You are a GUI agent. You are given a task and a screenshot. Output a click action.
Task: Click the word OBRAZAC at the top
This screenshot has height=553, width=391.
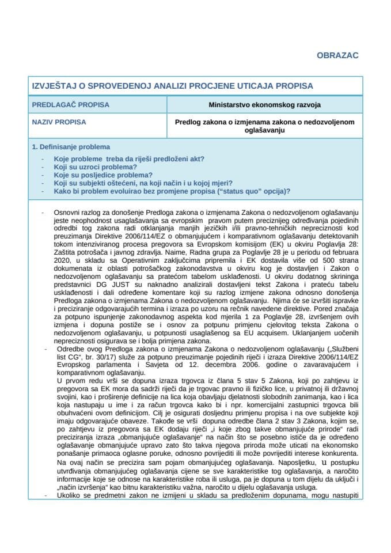coord(337,55)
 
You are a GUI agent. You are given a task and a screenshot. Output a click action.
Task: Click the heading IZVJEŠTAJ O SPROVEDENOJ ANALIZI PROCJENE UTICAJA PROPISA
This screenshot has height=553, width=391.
coord(172,86)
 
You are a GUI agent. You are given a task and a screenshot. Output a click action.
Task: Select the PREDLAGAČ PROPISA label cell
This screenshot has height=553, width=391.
coord(70,105)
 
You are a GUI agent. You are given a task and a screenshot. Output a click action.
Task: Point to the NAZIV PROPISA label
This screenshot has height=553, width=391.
coord(59,122)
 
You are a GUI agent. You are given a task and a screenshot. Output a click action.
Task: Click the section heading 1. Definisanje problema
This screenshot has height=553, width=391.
coord(71,147)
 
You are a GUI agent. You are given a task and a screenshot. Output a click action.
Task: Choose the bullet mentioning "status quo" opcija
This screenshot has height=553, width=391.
coord(172,191)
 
